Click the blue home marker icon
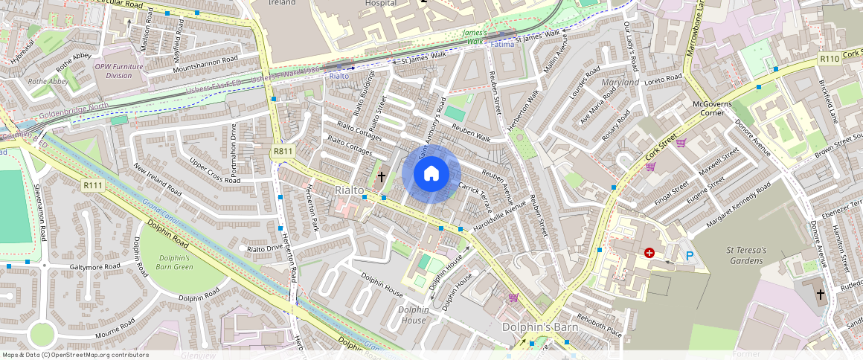[x=431, y=174]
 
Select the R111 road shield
[x=93, y=185]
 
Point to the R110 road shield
[x=829, y=59]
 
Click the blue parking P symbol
[x=689, y=256]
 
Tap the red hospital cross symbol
[x=649, y=253]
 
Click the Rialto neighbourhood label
[x=350, y=190]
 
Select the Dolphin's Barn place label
[x=540, y=327]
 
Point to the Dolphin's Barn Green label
[x=175, y=263]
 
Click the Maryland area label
[x=620, y=82]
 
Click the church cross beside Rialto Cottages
[x=382, y=177]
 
